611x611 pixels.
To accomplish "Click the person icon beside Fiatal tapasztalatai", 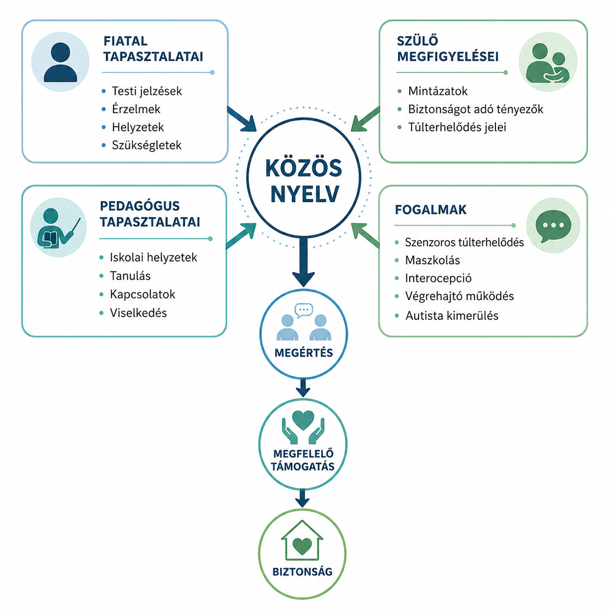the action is tap(60, 62).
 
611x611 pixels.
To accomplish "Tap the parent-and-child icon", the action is tap(548, 63).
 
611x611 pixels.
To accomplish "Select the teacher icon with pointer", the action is tap(58, 228).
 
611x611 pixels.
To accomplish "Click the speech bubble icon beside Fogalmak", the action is tap(553, 226).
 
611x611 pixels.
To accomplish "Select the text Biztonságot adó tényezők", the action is tap(476, 109).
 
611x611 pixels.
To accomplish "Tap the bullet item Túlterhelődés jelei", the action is tap(457, 127).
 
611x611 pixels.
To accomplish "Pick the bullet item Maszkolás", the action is tap(433, 260).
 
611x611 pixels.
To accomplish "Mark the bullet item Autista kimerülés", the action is tap(452, 315).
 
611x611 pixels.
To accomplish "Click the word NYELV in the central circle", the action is tap(305, 194).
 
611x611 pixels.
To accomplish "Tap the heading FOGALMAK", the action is tap(431, 210).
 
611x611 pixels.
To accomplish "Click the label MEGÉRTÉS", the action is tap(304, 353).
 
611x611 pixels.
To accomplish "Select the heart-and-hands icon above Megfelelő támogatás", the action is tap(303, 427).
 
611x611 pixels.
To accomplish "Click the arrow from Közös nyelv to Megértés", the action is tap(304, 262).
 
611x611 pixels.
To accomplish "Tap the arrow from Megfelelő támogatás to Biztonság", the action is tap(303, 498).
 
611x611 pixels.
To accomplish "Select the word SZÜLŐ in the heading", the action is tap(418, 40).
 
